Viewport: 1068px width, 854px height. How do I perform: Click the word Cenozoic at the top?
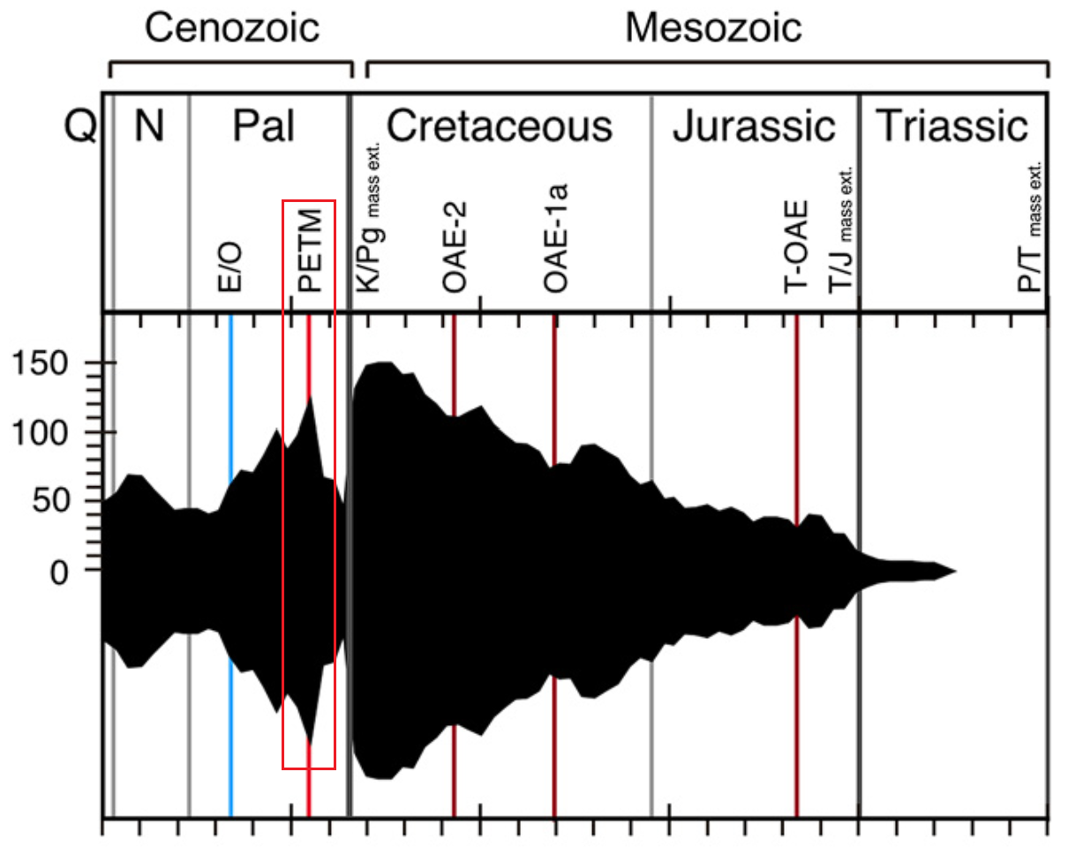tap(231, 28)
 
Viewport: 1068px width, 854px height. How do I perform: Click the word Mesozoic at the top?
tap(713, 28)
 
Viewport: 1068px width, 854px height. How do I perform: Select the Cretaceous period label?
tap(499, 127)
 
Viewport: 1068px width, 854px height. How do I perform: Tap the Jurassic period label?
tap(754, 127)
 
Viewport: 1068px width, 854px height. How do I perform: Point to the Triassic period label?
tap(952, 127)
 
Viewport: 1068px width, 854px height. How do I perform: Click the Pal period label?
tap(263, 127)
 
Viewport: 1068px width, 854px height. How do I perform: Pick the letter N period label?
tap(148, 127)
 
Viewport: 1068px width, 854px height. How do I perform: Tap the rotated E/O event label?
tap(229, 270)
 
